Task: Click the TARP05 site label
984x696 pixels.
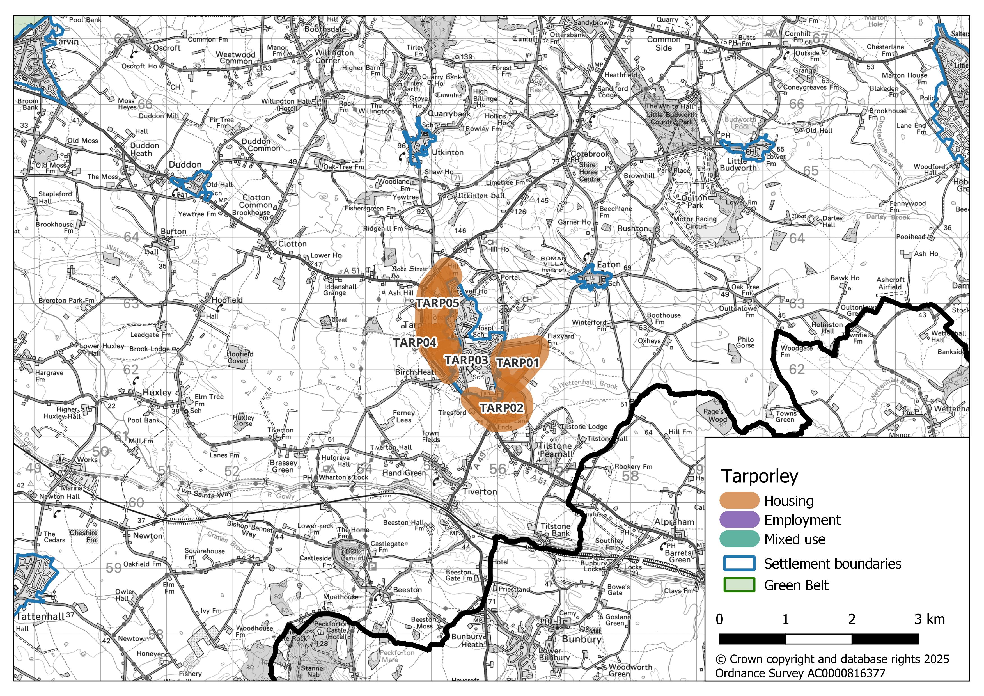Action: [438, 303]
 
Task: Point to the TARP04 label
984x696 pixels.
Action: [415, 342]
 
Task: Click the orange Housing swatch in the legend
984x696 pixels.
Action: [739, 501]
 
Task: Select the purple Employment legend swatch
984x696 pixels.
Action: [739, 520]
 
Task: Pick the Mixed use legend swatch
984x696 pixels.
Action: [739, 539]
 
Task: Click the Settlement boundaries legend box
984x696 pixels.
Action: [739, 564]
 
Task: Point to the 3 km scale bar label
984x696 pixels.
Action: [929, 619]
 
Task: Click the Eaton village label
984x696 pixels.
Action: [609, 265]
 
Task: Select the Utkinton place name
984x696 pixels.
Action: [448, 153]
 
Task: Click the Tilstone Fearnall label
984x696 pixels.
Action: [556, 450]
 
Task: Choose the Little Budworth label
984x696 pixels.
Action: [738, 164]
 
